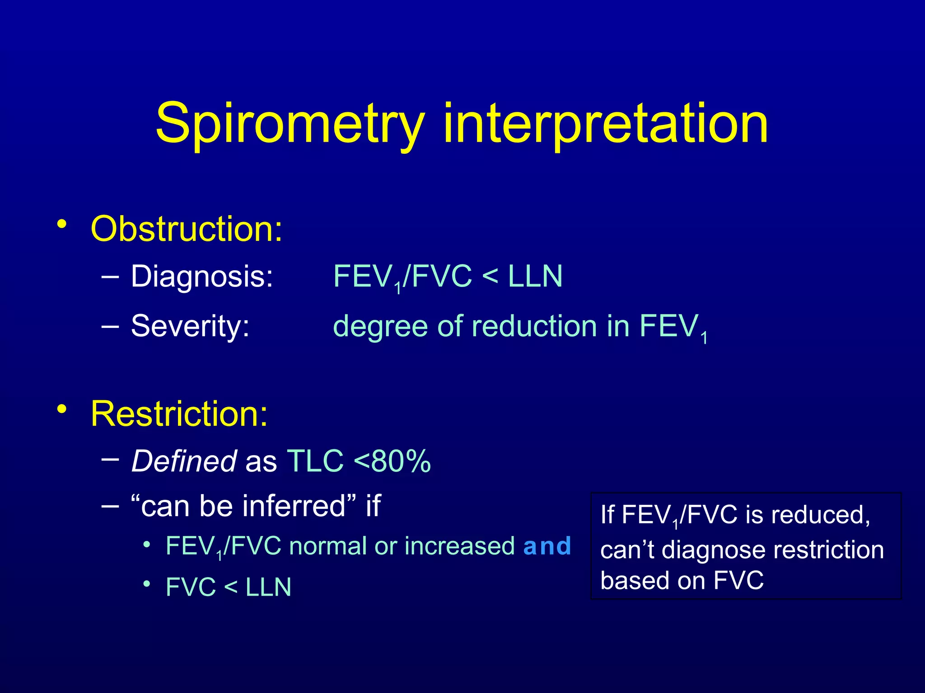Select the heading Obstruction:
tap(187, 229)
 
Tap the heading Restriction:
tap(179, 414)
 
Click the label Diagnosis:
tap(202, 277)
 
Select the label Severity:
tap(190, 326)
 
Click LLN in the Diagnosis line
tap(535, 277)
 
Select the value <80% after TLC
tap(392, 462)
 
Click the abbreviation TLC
tap(315, 462)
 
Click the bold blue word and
tap(547, 546)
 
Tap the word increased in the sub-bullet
tap(459, 546)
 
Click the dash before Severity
tap(110, 325)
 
